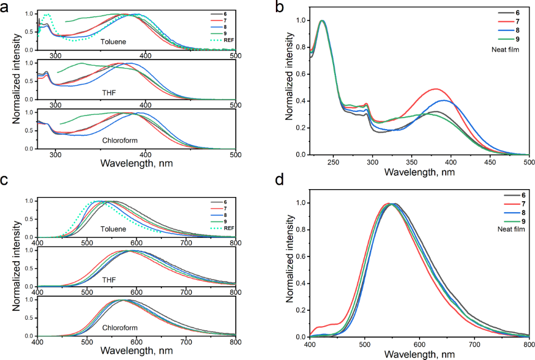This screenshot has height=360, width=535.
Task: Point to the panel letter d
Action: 280,181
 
